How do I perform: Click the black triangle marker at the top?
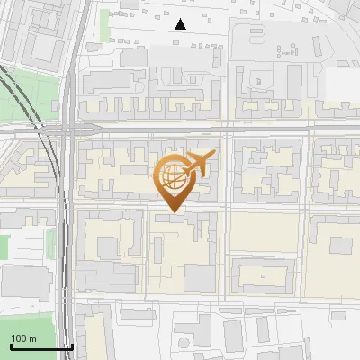click(181, 24)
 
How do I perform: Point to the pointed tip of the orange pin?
click(172, 211)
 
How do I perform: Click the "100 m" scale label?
click(23, 338)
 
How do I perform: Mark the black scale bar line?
click(40, 346)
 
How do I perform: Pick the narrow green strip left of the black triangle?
click(105, 22)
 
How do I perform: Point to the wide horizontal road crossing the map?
click(225, 130)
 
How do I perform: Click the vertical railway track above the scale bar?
click(65, 270)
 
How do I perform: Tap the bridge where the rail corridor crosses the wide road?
click(66, 130)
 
